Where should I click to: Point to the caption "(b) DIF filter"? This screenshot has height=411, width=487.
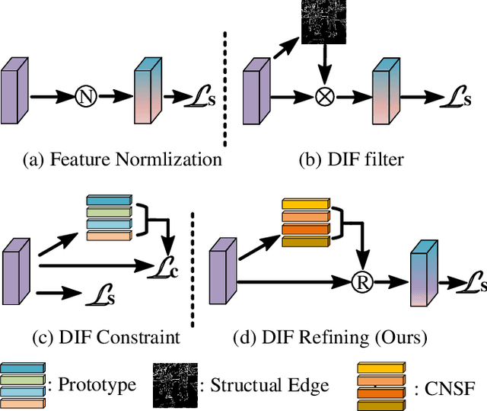352,159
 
